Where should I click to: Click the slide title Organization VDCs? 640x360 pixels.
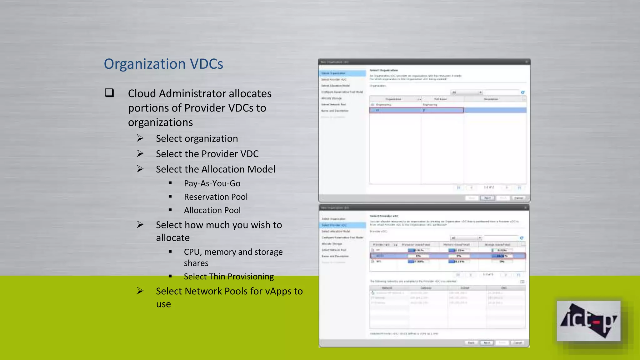(163, 64)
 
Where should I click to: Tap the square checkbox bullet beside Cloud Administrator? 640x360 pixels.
(109, 93)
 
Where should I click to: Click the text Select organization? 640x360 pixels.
(197, 138)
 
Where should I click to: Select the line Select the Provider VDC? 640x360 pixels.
(207, 154)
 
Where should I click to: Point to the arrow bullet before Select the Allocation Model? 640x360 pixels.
(140, 169)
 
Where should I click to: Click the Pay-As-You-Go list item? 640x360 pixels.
(212, 183)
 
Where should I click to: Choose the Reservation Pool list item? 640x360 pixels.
(216, 197)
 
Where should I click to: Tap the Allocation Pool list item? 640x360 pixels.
(212, 210)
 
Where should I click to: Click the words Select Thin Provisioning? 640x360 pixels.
(229, 277)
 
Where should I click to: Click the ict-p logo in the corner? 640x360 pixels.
(588, 321)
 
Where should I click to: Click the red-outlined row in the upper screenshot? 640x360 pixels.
(416, 110)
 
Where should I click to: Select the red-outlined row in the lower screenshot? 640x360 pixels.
(447, 256)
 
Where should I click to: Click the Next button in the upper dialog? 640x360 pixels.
(487, 198)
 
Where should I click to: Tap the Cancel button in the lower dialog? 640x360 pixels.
(517, 343)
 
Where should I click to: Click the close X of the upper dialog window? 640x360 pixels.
(526, 62)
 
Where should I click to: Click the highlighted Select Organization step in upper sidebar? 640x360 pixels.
(342, 73)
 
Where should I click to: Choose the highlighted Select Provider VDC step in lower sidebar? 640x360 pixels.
(342, 225)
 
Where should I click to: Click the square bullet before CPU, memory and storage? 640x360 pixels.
(170, 251)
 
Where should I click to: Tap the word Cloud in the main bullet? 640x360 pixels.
(142, 93)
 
